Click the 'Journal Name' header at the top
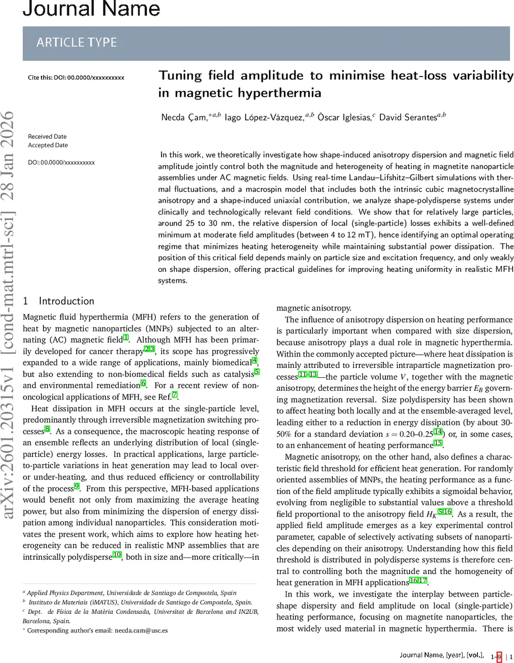coord(92,8)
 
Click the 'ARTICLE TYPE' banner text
coord(76,43)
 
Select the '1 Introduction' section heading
coord(59,301)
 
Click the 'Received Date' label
coord(47,136)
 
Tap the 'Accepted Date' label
coord(47,145)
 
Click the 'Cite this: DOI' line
coord(76,77)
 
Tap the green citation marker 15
coord(438,444)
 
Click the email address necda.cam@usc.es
coord(141,630)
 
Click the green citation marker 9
coord(77,486)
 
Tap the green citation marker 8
coord(47,429)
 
